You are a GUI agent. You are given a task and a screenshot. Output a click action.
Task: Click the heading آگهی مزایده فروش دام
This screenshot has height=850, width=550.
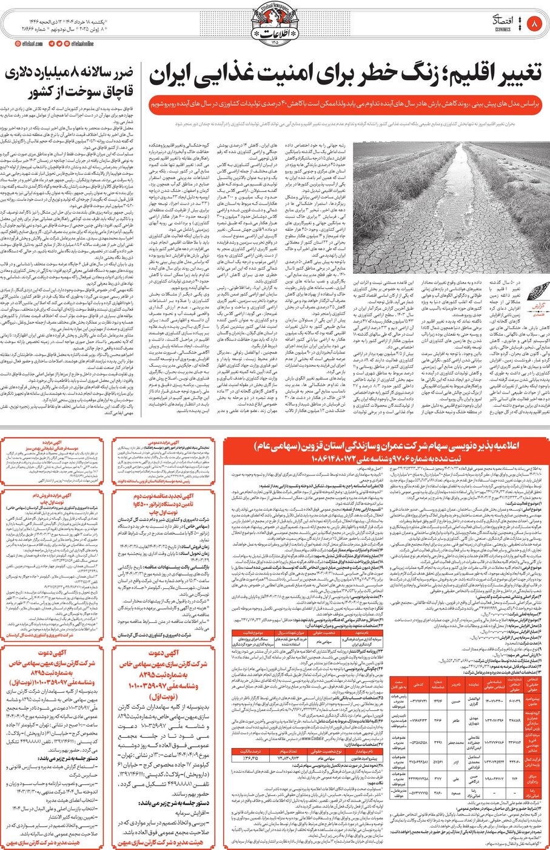point(58,496)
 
